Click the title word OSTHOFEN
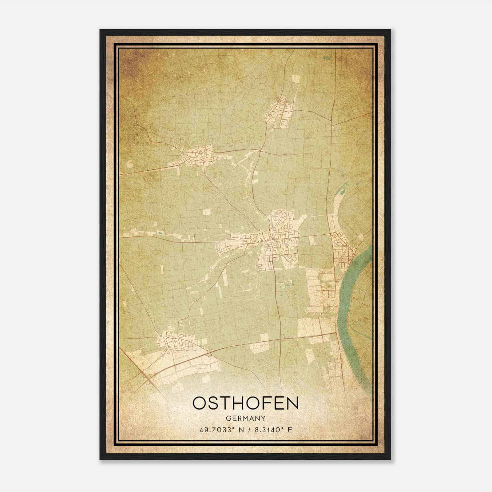click(245, 403)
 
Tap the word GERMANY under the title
click(245, 419)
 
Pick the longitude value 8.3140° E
click(272, 430)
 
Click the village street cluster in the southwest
click(175, 341)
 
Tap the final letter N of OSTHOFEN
click(293, 403)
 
